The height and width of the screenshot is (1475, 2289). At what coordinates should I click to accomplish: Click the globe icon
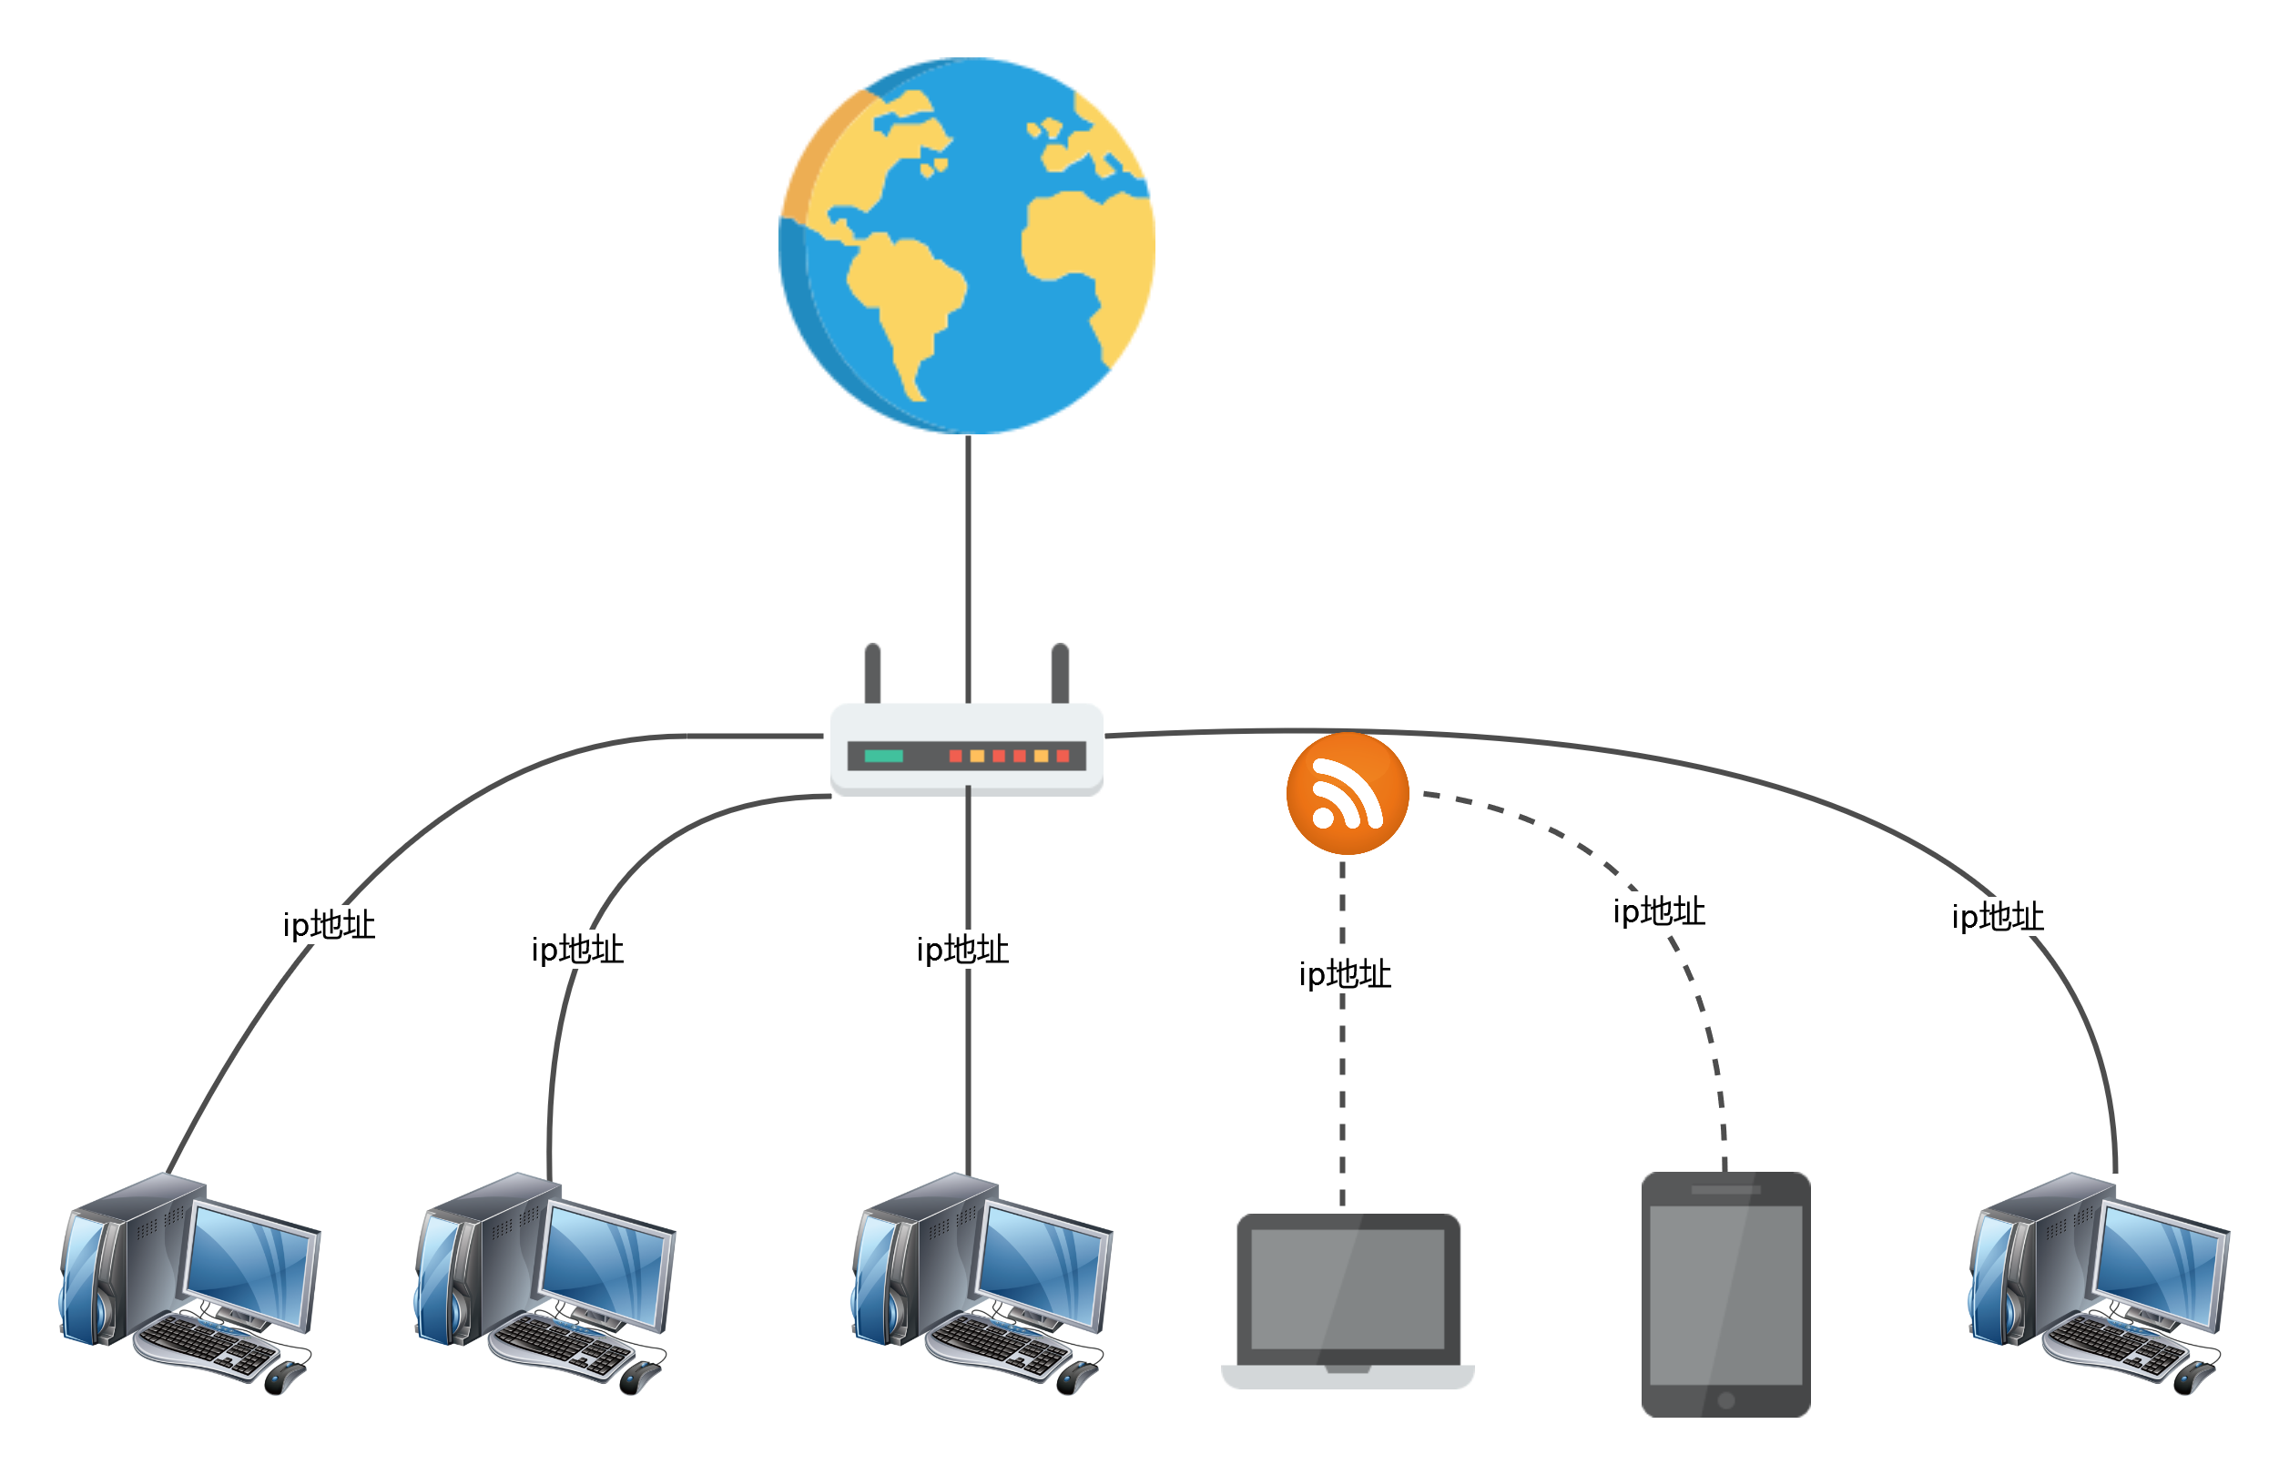pos(966,245)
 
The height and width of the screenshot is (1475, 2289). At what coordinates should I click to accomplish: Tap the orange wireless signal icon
pos(1347,793)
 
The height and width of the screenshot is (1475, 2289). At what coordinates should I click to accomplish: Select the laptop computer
pos(1347,1301)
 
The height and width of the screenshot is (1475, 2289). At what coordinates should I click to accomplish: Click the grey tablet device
pos(1724,1294)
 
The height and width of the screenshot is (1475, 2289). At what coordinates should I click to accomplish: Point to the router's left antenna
pos(871,675)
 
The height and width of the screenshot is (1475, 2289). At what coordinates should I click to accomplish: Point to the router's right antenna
pos(1059,675)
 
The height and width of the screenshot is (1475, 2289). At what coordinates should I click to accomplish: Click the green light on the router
pos(883,757)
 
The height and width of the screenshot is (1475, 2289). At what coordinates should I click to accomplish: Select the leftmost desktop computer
pos(189,1284)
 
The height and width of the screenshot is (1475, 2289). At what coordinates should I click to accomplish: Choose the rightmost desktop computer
pos(2099,1284)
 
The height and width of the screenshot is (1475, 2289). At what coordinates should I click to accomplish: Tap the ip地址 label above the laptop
pos(1345,975)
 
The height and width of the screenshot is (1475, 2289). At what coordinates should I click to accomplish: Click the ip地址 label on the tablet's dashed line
pos(1659,911)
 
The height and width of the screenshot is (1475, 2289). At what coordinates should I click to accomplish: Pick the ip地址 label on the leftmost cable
pos(329,925)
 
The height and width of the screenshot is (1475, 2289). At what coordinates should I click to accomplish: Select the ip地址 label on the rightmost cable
pos(1998,918)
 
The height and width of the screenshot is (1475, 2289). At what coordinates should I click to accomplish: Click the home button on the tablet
pos(1725,1400)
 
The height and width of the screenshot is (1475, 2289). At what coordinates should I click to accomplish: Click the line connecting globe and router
pos(968,570)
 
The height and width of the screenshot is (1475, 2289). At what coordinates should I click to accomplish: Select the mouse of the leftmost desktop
pos(284,1378)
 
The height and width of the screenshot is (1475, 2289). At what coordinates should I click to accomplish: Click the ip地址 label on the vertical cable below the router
pos(962,951)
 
